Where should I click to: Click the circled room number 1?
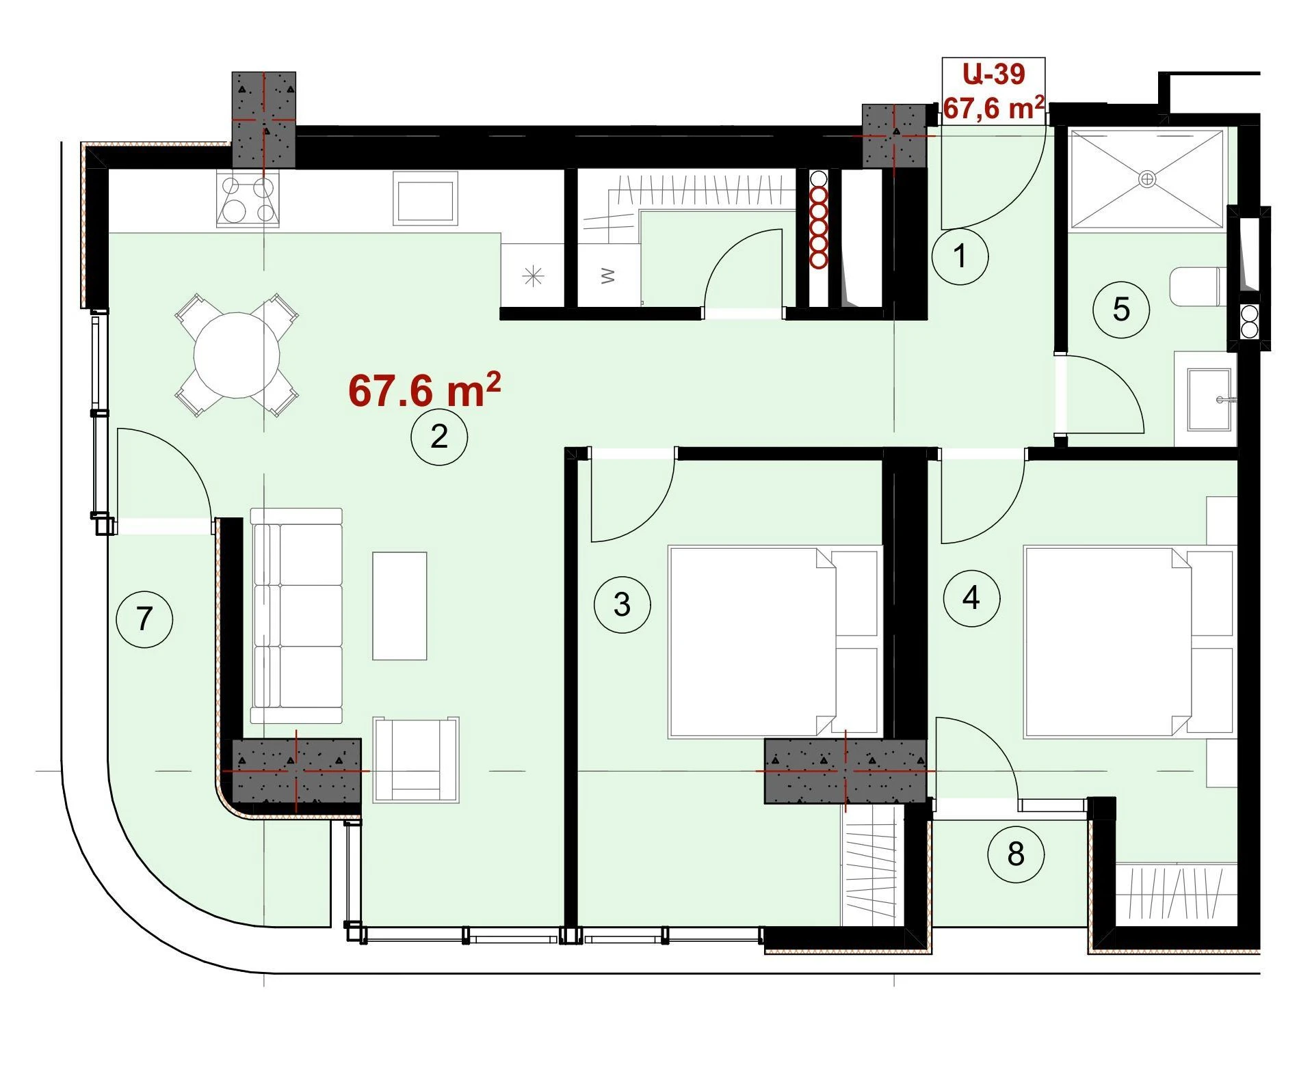click(x=960, y=256)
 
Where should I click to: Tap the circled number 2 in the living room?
click(x=439, y=437)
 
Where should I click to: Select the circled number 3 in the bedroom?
click(x=622, y=604)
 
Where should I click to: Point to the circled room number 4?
click(x=971, y=599)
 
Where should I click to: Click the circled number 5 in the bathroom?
click(x=1121, y=310)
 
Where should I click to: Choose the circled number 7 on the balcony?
click(x=144, y=619)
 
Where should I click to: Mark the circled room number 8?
click(x=1016, y=854)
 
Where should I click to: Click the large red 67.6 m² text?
click(x=424, y=390)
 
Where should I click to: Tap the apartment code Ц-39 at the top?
click(x=993, y=74)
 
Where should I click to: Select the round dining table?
click(x=237, y=355)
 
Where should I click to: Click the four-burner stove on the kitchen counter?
click(x=248, y=198)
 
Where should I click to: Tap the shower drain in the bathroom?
click(x=1147, y=179)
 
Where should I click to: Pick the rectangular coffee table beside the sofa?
click(x=399, y=606)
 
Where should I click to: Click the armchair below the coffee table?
click(x=416, y=759)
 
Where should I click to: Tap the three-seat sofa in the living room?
click(x=296, y=615)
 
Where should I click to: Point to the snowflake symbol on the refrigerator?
click(x=533, y=276)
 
